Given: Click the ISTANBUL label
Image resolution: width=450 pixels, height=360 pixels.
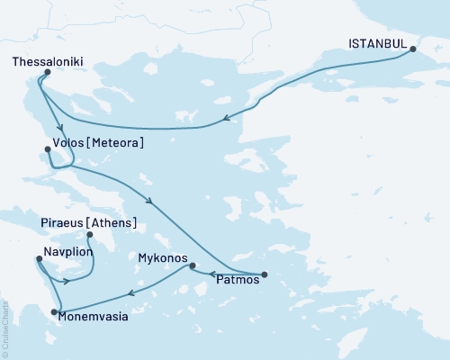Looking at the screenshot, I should click(x=377, y=41).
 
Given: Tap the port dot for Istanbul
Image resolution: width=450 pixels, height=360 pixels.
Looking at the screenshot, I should click(x=413, y=49).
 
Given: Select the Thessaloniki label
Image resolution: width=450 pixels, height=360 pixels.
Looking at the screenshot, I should click(x=49, y=63).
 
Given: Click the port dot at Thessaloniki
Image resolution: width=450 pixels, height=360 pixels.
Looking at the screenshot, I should click(x=39, y=79).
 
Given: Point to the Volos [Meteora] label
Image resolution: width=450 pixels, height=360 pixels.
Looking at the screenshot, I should click(x=100, y=143).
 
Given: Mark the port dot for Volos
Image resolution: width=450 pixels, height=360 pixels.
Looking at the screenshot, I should click(x=47, y=149).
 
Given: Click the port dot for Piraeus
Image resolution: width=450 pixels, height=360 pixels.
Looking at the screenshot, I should click(x=88, y=235).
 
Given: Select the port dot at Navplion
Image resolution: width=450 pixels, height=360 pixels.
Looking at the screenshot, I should click(x=38, y=259).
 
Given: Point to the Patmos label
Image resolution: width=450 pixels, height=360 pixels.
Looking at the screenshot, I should click(x=238, y=280).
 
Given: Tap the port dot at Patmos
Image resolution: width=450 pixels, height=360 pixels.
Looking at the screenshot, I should click(x=264, y=274).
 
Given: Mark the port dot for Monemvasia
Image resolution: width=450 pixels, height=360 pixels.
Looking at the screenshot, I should click(x=54, y=311).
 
